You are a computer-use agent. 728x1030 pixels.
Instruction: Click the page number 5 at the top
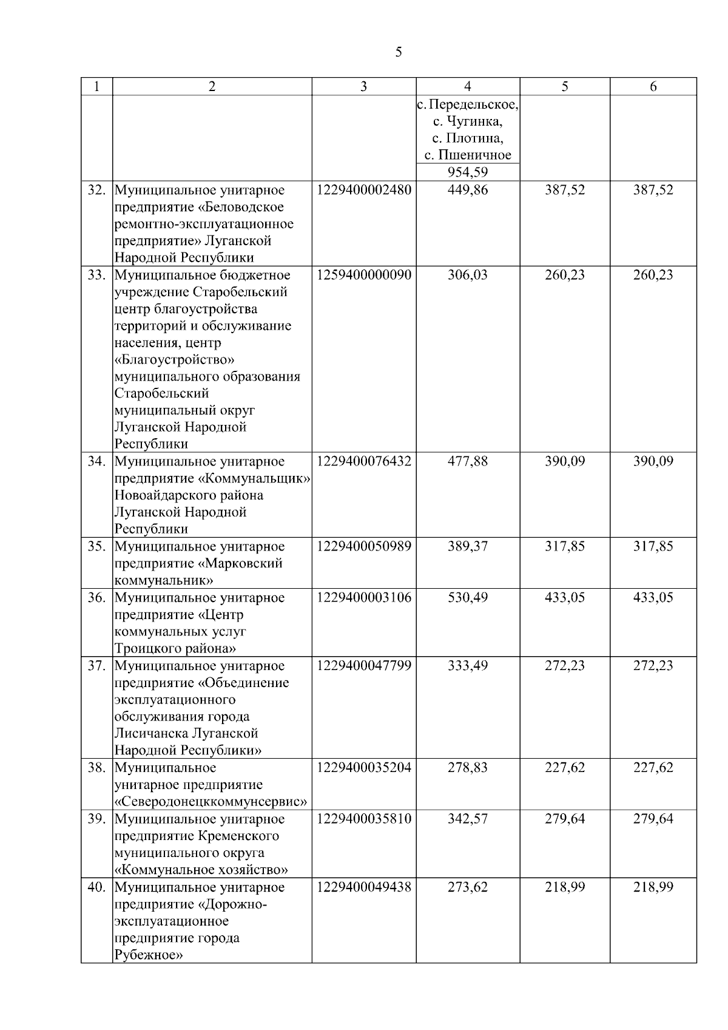click(398, 52)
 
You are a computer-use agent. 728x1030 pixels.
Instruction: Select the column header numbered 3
click(363, 87)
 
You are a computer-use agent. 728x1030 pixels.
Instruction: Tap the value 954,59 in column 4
click(467, 172)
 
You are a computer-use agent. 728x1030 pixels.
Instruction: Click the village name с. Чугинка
click(467, 121)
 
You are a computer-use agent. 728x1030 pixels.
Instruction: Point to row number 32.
click(96, 190)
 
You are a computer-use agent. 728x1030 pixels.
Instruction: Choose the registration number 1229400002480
click(363, 190)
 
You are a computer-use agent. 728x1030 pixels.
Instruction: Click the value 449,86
click(467, 190)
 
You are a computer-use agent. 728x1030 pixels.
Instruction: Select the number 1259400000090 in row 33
click(363, 275)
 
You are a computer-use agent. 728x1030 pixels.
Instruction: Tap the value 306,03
click(467, 275)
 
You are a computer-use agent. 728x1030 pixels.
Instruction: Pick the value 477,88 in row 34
click(467, 461)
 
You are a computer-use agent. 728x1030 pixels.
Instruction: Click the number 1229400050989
click(363, 546)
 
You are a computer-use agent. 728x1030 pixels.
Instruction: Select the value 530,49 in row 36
click(467, 597)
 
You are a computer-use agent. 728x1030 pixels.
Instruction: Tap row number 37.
click(96, 666)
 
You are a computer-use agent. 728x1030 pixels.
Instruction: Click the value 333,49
click(467, 666)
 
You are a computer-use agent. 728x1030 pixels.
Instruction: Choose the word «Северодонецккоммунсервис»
click(211, 802)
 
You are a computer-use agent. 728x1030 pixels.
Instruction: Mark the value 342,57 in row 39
click(467, 819)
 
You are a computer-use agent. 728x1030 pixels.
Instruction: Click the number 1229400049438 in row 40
click(363, 887)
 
